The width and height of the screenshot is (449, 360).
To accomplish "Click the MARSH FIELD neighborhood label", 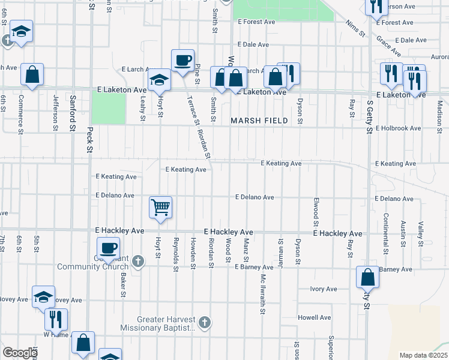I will point(259,121).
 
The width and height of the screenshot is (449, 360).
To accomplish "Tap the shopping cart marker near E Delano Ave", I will point(161,208).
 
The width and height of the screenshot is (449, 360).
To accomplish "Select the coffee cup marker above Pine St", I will point(182,60).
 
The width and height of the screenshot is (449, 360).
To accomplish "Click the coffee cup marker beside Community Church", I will point(109,248).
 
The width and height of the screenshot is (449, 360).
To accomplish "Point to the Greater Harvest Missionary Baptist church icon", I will point(204,322).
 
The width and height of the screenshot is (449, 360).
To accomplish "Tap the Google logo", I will point(19,353).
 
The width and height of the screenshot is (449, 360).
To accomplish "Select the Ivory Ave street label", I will point(324,289).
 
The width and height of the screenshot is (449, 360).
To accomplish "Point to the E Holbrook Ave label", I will point(399,128).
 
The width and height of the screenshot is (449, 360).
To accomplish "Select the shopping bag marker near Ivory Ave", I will point(367,277).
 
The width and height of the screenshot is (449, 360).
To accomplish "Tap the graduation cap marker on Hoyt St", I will point(160,80).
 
